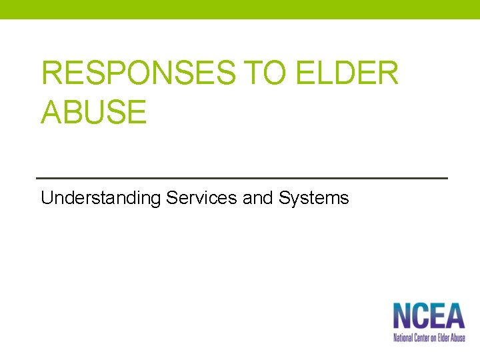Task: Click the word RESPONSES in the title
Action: [x=138, y=73]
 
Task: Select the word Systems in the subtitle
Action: [x=314, y=198]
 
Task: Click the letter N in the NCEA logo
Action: [x=402, y=316]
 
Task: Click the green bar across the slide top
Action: [x=240, y=9]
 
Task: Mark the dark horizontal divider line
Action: [x=241, y=178]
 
